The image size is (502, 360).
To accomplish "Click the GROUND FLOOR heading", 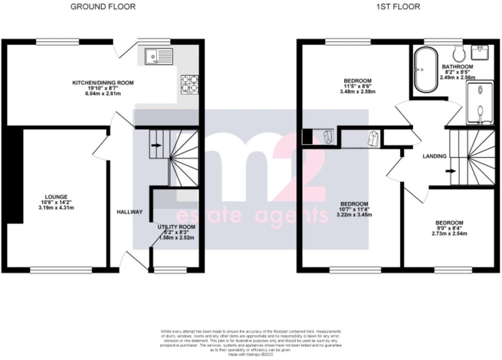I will click(x=103, y=7).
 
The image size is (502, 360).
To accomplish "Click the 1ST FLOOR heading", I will click(x=398, y=7).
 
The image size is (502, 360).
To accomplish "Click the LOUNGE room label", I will click(x=56, y=197).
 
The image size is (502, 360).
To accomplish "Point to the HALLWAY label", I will click(x=129, y=212).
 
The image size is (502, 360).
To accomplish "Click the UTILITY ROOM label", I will click(x=176, y=227).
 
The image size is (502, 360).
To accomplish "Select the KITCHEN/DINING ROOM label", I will click(x=103, y=83).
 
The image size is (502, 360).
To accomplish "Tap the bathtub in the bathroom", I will click(x=425, y=70).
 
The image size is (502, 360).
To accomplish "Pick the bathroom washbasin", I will click(x=483, y=52).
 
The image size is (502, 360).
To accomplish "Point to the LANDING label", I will click(x=434, y=156).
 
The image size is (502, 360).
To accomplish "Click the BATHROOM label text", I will click(x=457, y=67).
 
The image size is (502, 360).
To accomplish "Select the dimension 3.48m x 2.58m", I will click(x=357, y=92).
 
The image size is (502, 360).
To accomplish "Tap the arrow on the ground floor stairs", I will click(x=156, y=145).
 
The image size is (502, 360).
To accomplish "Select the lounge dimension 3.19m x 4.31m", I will click(x=56, y=208).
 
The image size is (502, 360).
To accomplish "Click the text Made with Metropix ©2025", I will click(x=251, y=354).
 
